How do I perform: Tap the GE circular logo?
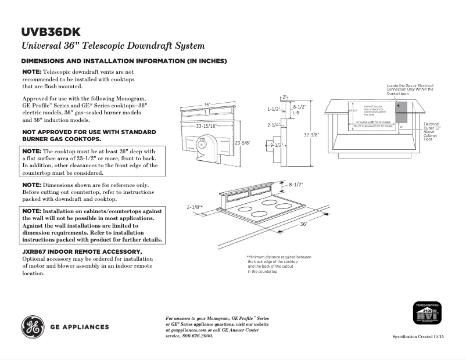pos(33,327)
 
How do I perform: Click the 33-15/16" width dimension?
pos(206,125)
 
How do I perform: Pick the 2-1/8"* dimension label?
pos(195,207)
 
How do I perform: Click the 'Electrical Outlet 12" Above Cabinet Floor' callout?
pos(432,131)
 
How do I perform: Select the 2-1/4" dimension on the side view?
pos(274,125)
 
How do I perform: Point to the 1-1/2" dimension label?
pos(274,109)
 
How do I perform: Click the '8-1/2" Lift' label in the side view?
pos(299,110)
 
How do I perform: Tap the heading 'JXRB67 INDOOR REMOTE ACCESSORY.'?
pos(81,251)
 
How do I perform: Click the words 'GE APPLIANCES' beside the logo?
pos(79,327)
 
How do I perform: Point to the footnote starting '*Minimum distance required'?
pos(279,264)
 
